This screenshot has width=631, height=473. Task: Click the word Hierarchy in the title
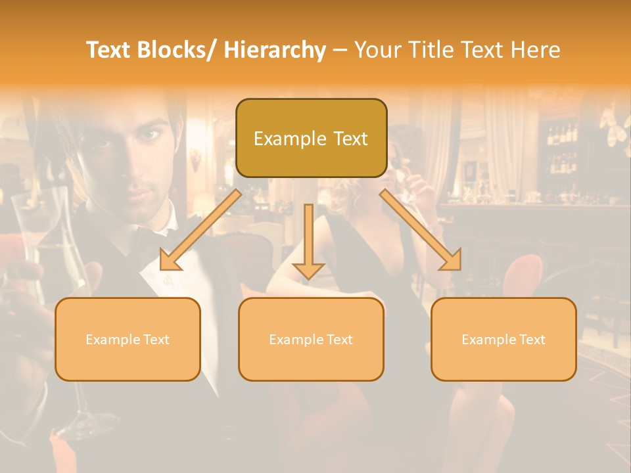[275, 50]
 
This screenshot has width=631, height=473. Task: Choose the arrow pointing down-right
[421, 230]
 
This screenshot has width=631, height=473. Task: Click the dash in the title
[339, 50]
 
